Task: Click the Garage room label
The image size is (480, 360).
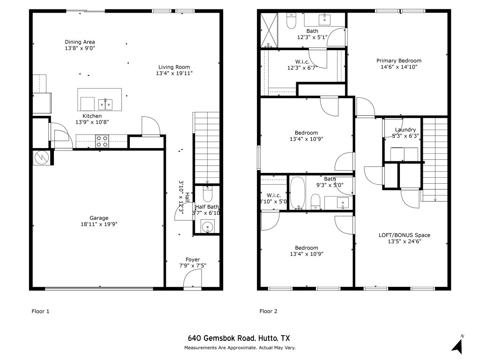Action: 99,218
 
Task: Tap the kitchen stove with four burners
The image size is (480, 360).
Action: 102,142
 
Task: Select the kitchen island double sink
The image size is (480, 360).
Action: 105,105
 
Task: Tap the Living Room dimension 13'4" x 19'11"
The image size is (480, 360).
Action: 174,73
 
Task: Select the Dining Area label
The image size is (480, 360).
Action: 80,42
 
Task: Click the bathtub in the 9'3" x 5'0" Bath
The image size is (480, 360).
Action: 297,193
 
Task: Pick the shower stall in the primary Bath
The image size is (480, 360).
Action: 269,30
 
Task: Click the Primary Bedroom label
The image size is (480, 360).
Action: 399,60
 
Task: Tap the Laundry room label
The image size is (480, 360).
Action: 405,129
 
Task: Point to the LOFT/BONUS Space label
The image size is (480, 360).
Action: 405,235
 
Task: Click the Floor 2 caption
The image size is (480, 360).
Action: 268,311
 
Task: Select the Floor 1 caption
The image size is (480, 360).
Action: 40,311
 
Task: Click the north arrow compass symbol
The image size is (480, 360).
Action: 457,345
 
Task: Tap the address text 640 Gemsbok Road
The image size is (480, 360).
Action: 221,338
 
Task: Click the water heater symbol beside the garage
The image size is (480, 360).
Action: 41,157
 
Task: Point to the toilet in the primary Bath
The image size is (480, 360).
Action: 291,21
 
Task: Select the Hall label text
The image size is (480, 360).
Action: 187,197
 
